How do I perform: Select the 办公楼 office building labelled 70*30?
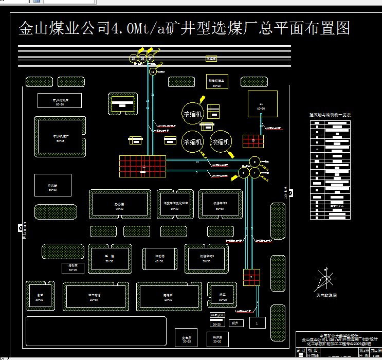[x=120, y=206]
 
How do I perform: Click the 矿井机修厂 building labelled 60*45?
[x=60, y=137]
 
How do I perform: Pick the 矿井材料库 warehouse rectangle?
[x=60, y=100]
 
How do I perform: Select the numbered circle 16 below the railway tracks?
[x=153, y=72]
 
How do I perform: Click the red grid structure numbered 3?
[x=251, y=277]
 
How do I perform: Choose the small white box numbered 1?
[x=257, y=322]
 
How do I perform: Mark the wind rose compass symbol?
[x=325, y=280]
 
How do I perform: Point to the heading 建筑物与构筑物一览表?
[x=330, y=115]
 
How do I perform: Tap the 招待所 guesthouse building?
[x=167, y=297]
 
